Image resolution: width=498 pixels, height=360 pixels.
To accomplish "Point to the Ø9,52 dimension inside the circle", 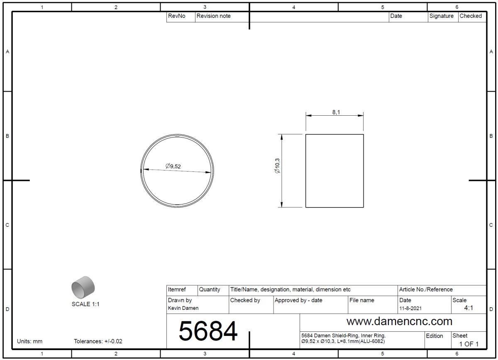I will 173,166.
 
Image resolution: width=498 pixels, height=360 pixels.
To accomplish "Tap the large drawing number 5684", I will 208,331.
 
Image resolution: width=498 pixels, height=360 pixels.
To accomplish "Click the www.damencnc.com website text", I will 399,321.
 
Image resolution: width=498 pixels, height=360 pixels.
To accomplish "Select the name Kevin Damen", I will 183,308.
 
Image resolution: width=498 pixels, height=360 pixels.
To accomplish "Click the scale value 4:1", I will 469,308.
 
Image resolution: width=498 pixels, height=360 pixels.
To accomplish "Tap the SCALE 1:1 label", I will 85,304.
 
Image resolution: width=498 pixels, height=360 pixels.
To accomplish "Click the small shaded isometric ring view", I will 83,286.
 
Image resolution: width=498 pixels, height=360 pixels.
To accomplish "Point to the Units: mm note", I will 29,341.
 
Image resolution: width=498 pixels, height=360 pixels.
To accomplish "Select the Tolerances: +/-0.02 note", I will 98,341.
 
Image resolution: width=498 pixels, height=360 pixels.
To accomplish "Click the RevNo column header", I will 176,16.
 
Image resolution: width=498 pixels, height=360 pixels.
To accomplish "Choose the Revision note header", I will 213,16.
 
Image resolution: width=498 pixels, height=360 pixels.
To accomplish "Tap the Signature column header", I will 441,16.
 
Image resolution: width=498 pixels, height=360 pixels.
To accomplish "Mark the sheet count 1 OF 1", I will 469,344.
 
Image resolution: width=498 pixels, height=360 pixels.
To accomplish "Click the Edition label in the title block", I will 435,336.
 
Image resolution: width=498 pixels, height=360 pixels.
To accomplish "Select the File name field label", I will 362,300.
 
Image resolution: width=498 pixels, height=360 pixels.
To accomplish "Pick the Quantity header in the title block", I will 210,289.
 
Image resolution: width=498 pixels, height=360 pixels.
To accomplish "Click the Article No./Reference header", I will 426,289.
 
